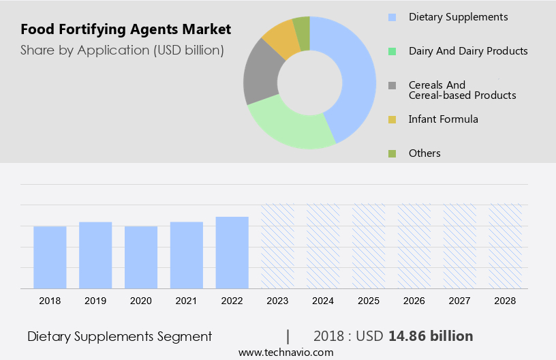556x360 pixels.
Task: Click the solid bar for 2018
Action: [x=50, y=257]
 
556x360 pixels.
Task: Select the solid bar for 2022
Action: [x=232, y=252]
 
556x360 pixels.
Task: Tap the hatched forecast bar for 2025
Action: [x=369, y=245]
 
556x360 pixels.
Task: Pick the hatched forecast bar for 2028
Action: [x=506, y=245]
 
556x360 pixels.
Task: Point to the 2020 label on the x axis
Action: [x=141, y=300]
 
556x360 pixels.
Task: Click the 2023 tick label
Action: [x=278, y=300]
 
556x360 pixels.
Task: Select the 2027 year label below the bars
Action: [x=460, y=300]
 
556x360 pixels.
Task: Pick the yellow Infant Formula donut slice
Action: [x=281, y=39]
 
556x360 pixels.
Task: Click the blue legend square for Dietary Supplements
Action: [x=392, y=17]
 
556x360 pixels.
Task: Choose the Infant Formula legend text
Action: [x=443, y=119]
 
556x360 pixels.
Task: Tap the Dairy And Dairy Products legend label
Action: [x=467, y=51]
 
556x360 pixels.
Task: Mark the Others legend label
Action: [x=424, y=153]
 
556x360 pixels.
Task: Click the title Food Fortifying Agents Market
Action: [x=125, y=29]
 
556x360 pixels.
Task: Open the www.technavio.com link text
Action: [x=285, y=352]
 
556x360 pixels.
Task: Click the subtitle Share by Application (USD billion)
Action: [x=122, y=50]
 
